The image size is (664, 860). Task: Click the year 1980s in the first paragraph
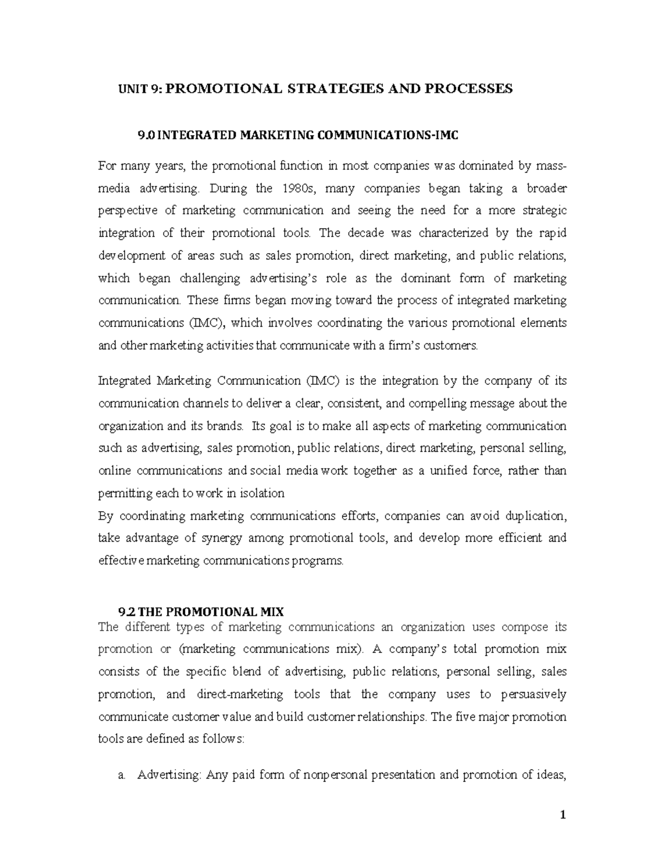pos(299,188)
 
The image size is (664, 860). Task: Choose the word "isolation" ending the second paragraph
pos(263,493)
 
